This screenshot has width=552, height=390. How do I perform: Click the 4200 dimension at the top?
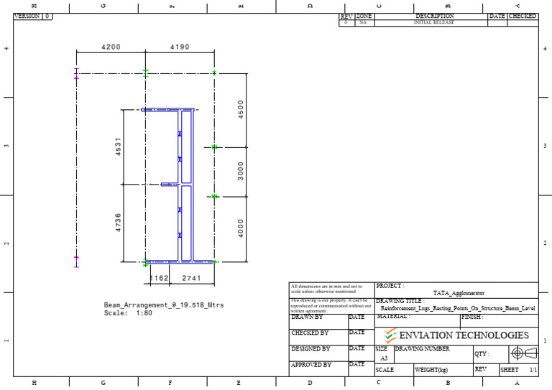pyautogui.click(x=111, y=47)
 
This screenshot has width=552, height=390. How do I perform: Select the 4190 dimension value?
pyautogui.click(x=180, y=47)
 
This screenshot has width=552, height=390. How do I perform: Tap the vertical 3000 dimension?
pyautogui.click(x=241, y=171)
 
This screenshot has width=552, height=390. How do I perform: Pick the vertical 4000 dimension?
pyautogui.click(x=241, y=228)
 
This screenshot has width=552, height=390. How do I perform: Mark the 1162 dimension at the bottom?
pyautogui.click(x=158, y=277)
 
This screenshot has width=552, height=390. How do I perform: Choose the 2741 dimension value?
pyautogui.click(x=192, y=277)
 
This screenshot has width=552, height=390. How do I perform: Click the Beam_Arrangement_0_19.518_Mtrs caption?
pyautogui.click(x=164, y=305)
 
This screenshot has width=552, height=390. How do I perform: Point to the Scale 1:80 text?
pyautogui.click(x=128, y=313)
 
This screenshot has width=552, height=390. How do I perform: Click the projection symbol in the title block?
pyautogui.click(x=522, y=353)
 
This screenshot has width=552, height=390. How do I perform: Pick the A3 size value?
pyautogui.click(x=383, y=357)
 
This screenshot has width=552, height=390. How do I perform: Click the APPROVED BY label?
pyautogui.click(x=311, y=365)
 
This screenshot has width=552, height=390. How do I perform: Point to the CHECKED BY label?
pyautogui.click(x=310, y=333)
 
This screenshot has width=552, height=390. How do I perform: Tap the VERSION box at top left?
pyautogui.click(x=33, y=16)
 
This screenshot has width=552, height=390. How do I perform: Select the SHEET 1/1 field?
pyautogui.click(x=518, y=370)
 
